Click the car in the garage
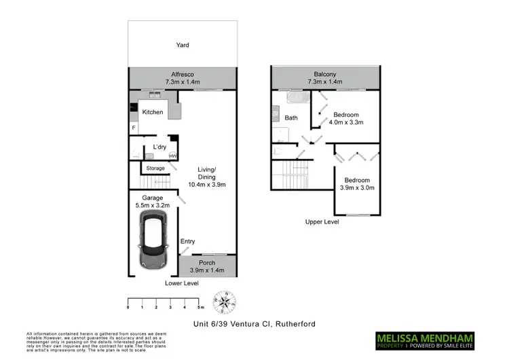[x=152, y=240]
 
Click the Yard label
[x=183, y=46]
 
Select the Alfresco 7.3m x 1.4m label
[x=183, y=77]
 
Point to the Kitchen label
[x=153, y=111]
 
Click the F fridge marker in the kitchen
[x=134, y=127]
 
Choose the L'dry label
[x=160, y=147]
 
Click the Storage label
[x=155, y=168]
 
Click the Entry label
[x=188, y=241]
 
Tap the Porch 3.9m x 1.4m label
[x=207, y=266]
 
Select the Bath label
[x=291, y=118]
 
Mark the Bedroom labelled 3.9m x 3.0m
[x=356, y=183]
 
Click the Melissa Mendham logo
[x=426, y=338]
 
